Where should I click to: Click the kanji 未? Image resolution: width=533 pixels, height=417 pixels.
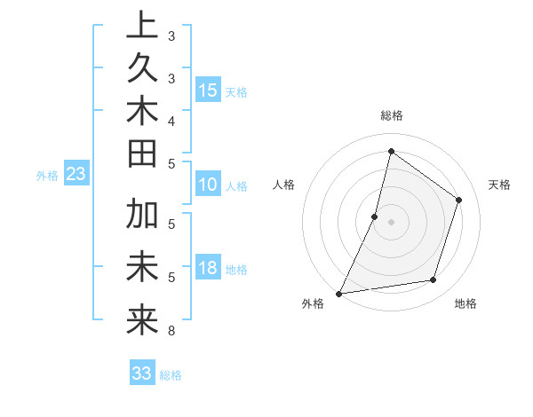pyautogui.click(x=142, y=267)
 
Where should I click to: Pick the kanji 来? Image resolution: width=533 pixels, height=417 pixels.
pyautogui.click(x=142, y=319)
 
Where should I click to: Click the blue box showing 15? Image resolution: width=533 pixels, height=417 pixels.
pyautogui.click(x=208, y=90)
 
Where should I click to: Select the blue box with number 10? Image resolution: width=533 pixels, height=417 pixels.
pyautogui.click(x=208, y=185)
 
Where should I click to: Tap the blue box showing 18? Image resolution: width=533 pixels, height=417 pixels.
pyautogui.click(x=208, y=269)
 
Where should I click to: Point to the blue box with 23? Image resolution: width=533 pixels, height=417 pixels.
pyautogui.click(x=76, y=175)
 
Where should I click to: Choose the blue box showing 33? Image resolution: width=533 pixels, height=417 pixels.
pyautogui.click(x=142, y=374)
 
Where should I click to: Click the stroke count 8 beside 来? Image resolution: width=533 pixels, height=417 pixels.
pyautogui.click(x=171, y=331)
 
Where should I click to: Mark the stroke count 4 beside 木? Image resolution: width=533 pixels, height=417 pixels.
pyautogui.click(x=171, y=120)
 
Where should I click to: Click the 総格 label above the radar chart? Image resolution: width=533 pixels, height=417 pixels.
pyautogui.click(x=391, y=115)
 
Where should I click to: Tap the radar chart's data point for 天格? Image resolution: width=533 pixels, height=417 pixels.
pyautogui.click(x=459, y=200)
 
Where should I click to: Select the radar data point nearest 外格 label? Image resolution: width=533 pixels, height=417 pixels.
pyautogui.click(x=338, y=293)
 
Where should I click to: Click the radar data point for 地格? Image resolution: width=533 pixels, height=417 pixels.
pyautogui.click(x=434, y=280)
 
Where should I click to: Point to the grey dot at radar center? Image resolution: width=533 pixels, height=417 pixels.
pyautogui.click(x=391, y=222)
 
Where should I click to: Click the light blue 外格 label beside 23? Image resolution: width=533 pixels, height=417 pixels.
pyautogui.click(x=47, y=176)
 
